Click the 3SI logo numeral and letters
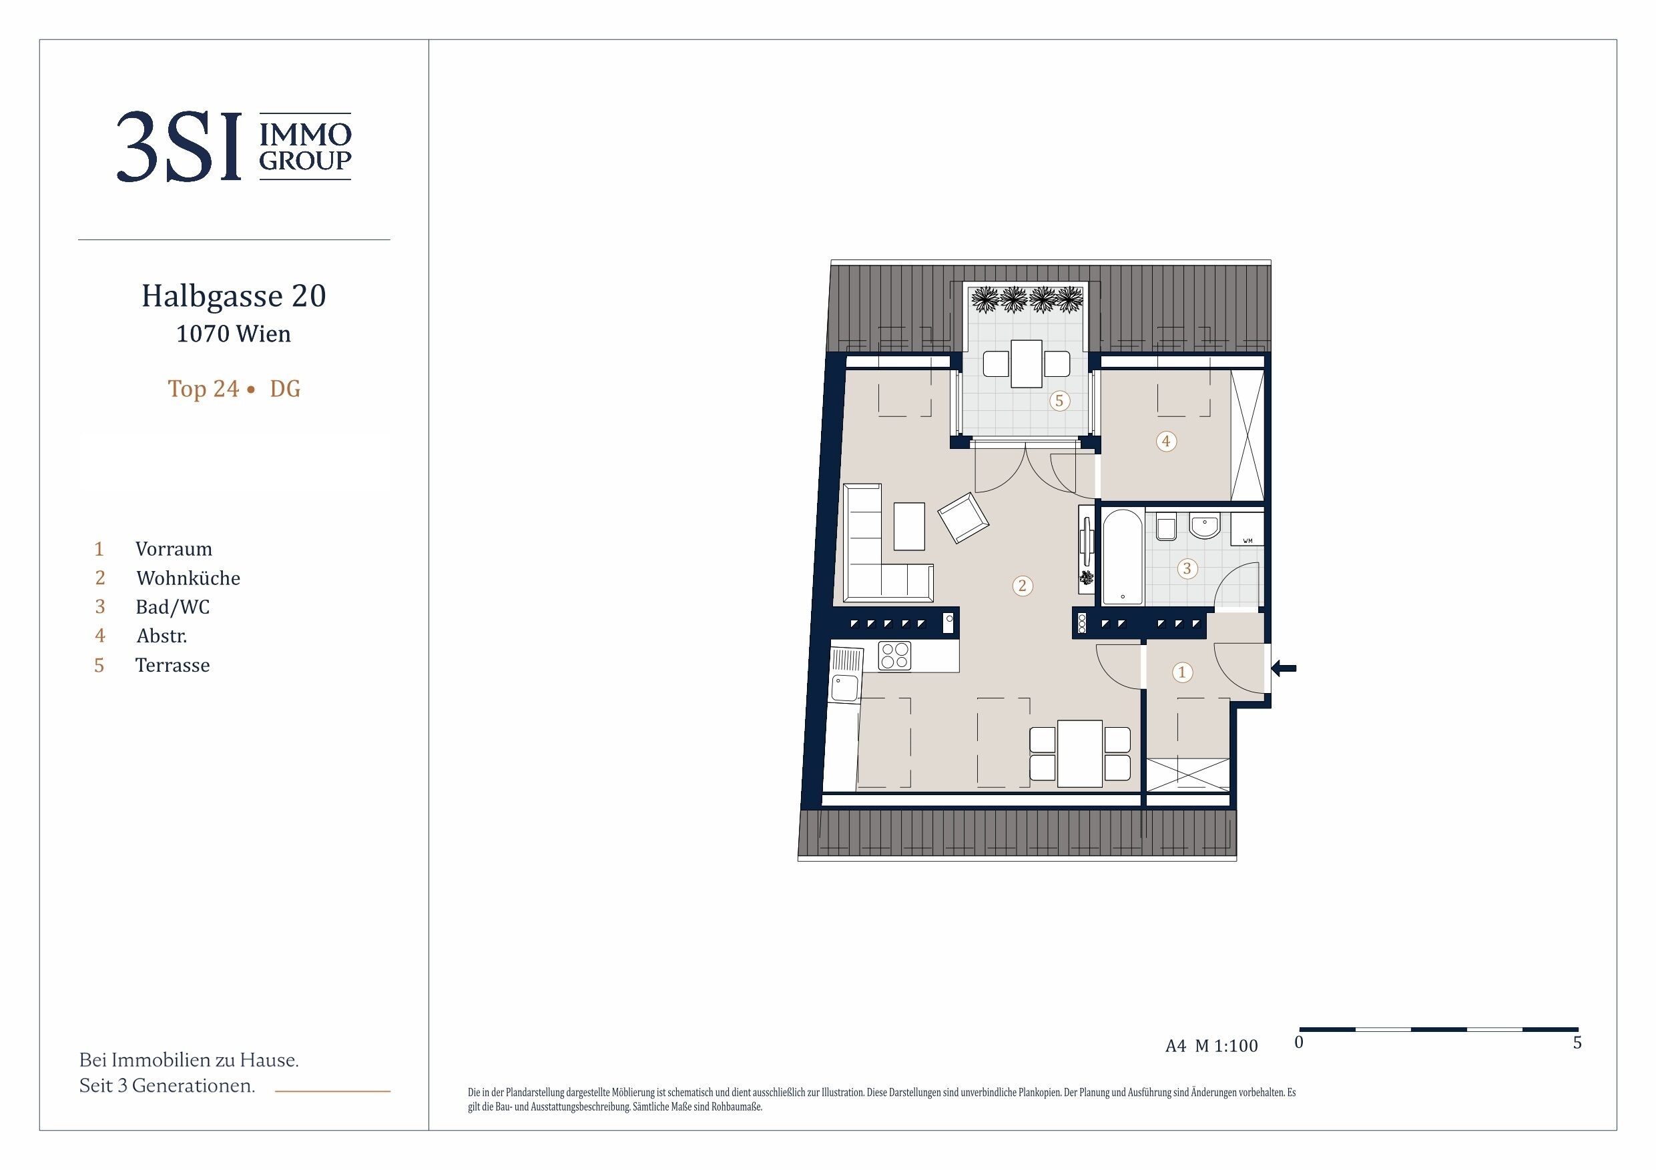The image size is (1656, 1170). coord(179,146)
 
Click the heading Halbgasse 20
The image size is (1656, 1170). coord(234,296)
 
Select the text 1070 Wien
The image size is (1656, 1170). coord(234,334)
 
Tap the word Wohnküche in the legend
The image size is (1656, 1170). coord(188,578)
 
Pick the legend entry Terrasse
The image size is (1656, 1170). coord(172,664)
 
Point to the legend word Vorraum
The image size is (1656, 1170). coord(174,550)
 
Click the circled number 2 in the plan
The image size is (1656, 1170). coord(1022,586)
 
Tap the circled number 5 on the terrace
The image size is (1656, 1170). coord(1059,401)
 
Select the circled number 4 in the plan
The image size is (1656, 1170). coord(1166,440)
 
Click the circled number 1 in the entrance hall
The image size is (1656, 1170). coord(1181,672)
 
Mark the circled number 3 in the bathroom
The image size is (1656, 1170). coord(1187,569)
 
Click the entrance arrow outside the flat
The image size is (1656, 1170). coord(1283,668)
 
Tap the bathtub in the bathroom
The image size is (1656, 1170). coord(1122,557)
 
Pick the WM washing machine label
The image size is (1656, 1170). coord(1248,541)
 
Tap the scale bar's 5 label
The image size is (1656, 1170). coord(1577,1043)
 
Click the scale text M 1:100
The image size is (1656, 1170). coord(1226,1046)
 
